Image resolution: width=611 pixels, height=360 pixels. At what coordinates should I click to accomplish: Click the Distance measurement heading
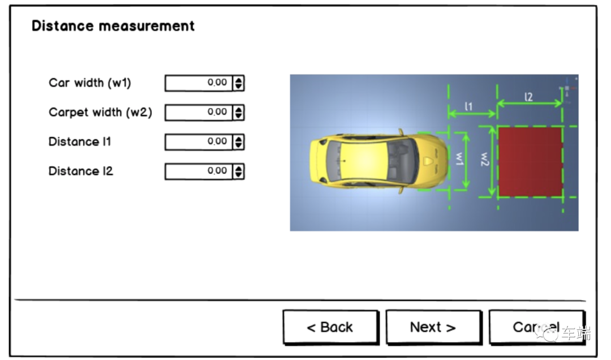tap(113, 26)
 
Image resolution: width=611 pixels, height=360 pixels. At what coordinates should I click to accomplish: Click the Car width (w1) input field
tap(198, 83)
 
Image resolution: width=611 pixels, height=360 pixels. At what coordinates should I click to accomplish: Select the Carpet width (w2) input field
tap(198, 113)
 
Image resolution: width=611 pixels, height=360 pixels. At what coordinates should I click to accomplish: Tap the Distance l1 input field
tap(198, 142)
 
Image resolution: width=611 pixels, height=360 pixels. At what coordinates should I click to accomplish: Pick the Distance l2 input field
tap(198, 172)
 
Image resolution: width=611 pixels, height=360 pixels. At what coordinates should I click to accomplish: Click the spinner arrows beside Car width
tap(239, 83)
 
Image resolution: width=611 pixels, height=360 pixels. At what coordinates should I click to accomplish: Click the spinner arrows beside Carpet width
tap(239, 113)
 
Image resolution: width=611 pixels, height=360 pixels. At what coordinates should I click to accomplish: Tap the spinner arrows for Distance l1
tap(239, 142)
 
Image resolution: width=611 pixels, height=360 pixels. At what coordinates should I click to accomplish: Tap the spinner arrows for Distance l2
tap(239, 172)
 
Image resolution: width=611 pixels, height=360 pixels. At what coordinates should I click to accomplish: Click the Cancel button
tap(536, 327)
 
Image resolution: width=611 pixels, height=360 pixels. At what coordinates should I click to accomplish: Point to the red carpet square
tap(530, 162)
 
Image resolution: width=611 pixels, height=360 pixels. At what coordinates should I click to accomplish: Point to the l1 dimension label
tap(469, 106)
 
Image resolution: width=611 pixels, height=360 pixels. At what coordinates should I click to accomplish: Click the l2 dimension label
tap(528, 97)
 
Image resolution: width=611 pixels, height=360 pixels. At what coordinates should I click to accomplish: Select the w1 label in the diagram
tap(459, 161)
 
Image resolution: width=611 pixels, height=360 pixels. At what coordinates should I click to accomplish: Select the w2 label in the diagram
tap(485, 161)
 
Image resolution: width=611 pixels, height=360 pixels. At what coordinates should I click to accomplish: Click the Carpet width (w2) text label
tap(100, 112)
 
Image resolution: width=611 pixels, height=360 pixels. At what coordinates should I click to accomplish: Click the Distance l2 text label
tap(81, 171)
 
